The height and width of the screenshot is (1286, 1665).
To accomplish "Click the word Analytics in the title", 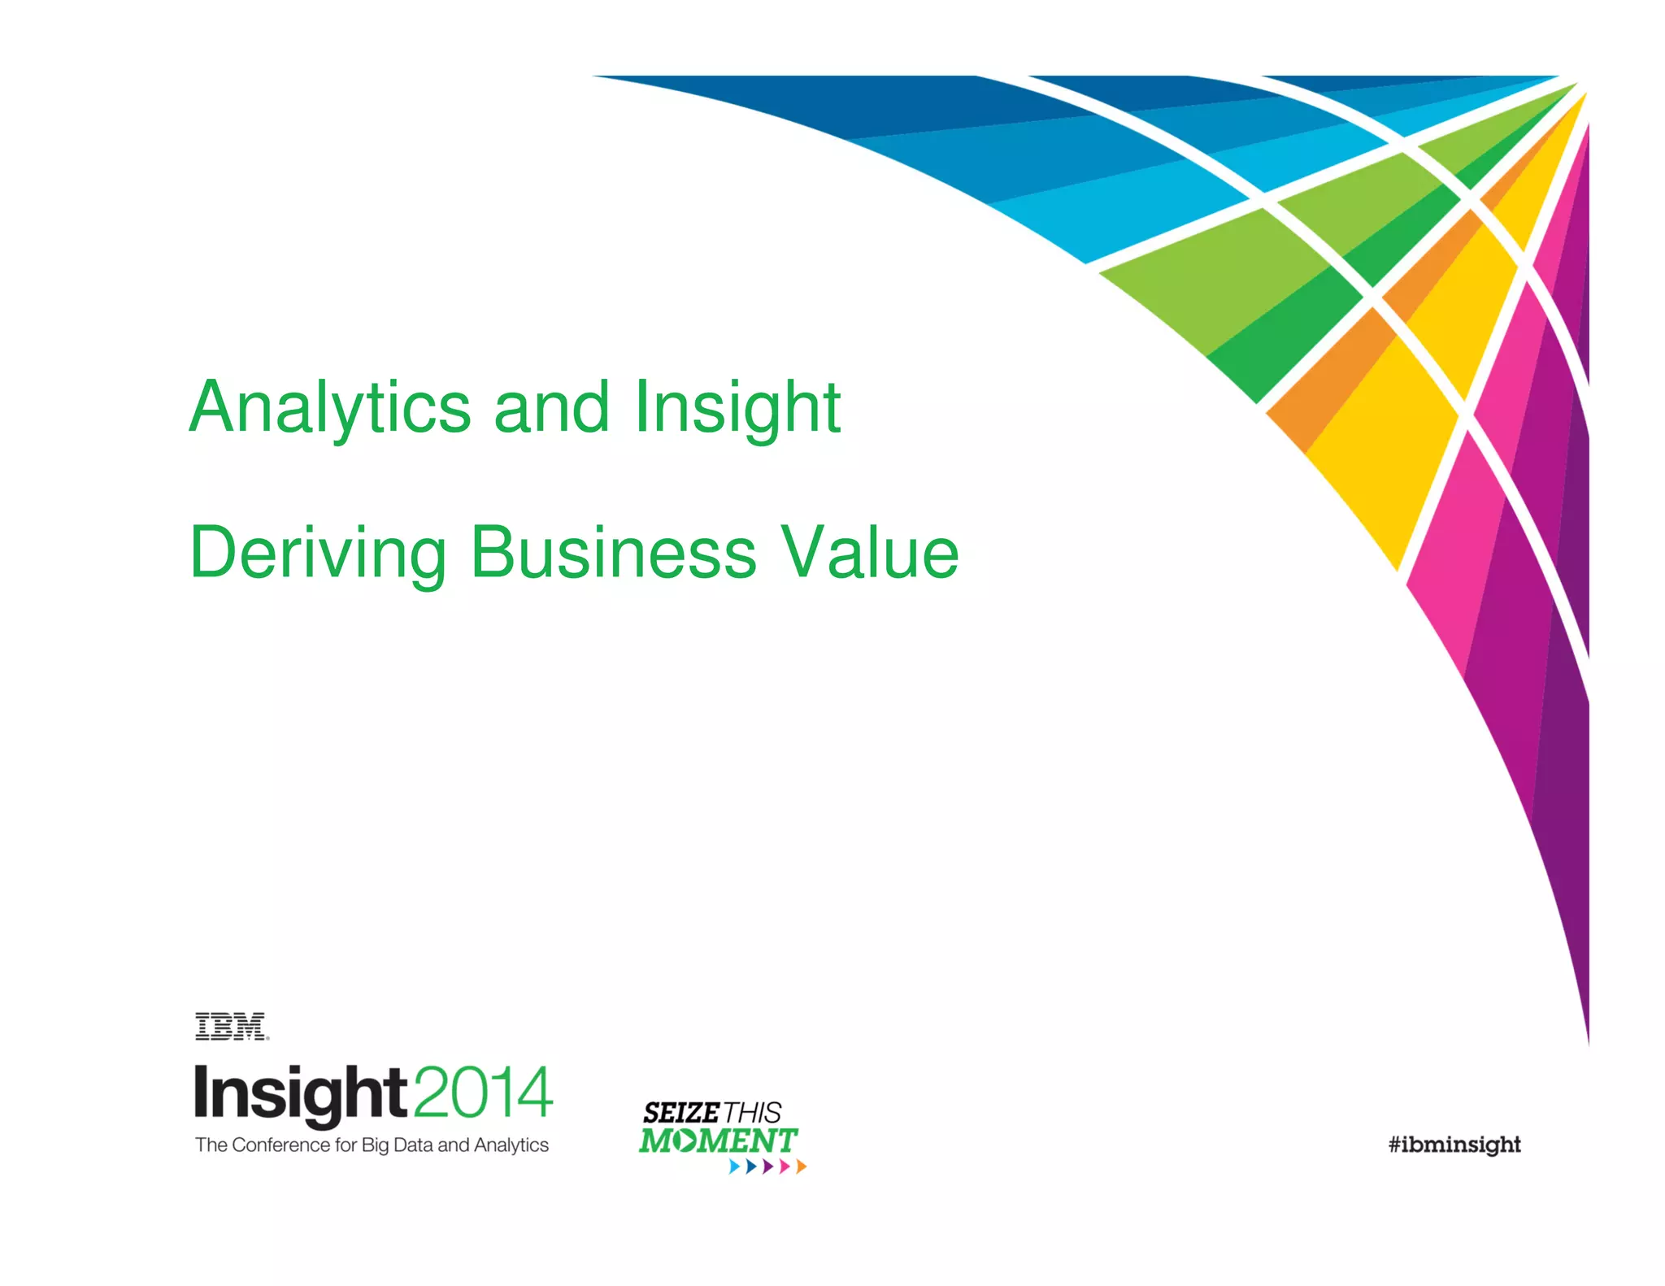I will pyautogui.click(x=330, y=408).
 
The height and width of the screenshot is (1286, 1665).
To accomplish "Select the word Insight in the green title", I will pyautogui.click(x=737, y=408).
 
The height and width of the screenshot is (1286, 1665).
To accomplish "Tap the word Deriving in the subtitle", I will pyautogui.click(x=318, y=554).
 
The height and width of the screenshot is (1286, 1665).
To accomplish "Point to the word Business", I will pyautogui.click(x=614, y=554).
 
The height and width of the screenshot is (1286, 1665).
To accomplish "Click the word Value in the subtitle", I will pyautogui.click(x=870, y=554).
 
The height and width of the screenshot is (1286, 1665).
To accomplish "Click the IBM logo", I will pyautogui.click(x=231, y=1027).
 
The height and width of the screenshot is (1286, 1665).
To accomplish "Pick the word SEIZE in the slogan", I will pyautogui.click(x=681, y=1113).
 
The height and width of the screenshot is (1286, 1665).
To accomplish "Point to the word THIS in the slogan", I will pyautogui.click(x=753, y=1113).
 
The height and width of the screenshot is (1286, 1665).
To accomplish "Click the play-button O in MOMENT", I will pyautogui.click(x=685, y=1140).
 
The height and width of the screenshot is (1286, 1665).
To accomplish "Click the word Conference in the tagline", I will pyautogui.click(x=281, y=1145).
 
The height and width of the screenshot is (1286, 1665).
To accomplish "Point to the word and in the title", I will pyautogui.click(x=551, y=408).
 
